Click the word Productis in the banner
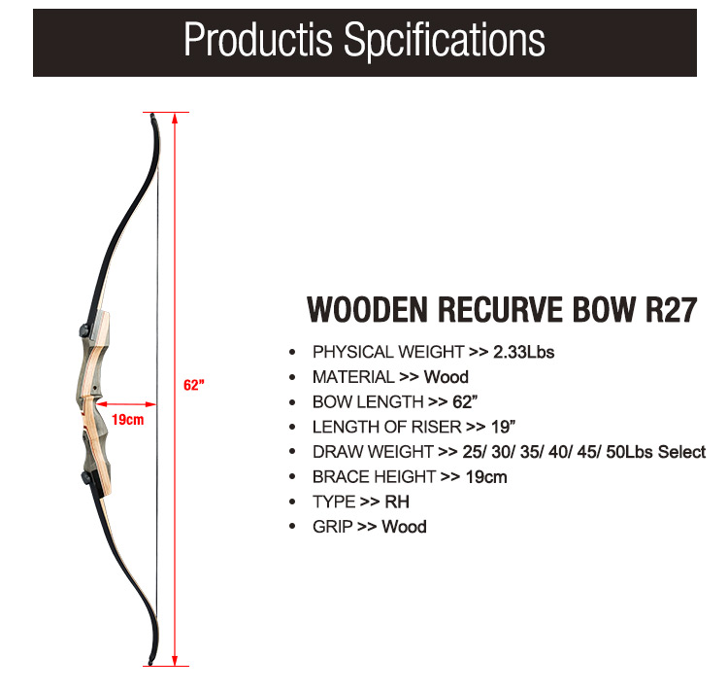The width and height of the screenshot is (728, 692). tap(258, 40)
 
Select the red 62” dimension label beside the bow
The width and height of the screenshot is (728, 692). tap(194, 385)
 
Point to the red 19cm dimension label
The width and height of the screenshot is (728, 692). tap(128, 420)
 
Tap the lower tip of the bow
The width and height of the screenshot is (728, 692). tap(150, 662)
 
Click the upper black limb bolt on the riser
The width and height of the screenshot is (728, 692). tap(84, 330)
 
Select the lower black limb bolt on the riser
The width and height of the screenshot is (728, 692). tap(85, 477)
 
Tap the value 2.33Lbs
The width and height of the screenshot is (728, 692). tap(524, 352)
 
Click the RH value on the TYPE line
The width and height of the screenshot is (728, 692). tap(397, 502)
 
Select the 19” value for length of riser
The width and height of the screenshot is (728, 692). tap(503, 426)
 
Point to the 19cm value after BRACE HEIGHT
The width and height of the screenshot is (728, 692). tap(486, 477)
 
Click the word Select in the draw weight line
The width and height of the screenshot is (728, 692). tap(681, 451)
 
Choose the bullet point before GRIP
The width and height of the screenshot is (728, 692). tap(292, 526)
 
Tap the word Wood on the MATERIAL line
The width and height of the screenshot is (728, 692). tap(447, 376)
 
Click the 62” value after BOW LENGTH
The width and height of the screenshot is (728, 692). tap(465, 401)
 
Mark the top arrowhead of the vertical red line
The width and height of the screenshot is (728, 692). tap(175, 119)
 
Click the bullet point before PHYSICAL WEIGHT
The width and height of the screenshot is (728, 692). tap(292, 352)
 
